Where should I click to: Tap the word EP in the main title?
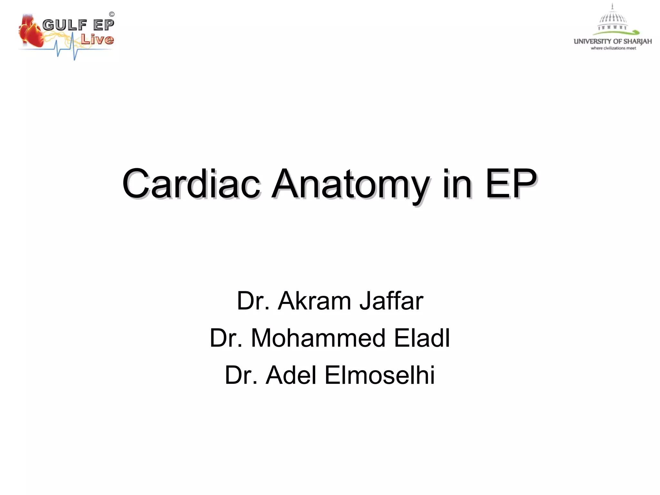pyautogui.click(x=511, y=184)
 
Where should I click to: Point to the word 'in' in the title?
pyautogui.click(x=457, y=184)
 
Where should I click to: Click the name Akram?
pyautogui.click(x=314, y=301)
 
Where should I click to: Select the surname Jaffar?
pyautogui.click(x=391, y=301)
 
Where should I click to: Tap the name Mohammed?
pyautogui.click(x=318, y=338)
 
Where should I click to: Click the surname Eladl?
pyautogui.click(x=422, y=338)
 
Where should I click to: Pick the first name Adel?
pyautogui.click(x=291, y=375)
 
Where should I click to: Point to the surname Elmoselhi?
pyautogui.click(x=380, y=375)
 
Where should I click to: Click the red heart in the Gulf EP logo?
pyautogui.click(x=31, y=32)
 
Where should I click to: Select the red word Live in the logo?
pyautogui.click(x=97, y=39)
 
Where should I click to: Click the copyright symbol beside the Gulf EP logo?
pyautogui.click(x=112, y=14)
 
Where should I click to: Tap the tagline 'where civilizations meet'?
pyautogui.click(x=613, y=48)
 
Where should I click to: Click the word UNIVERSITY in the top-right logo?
pyautogui.click(x=592, y=41)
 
